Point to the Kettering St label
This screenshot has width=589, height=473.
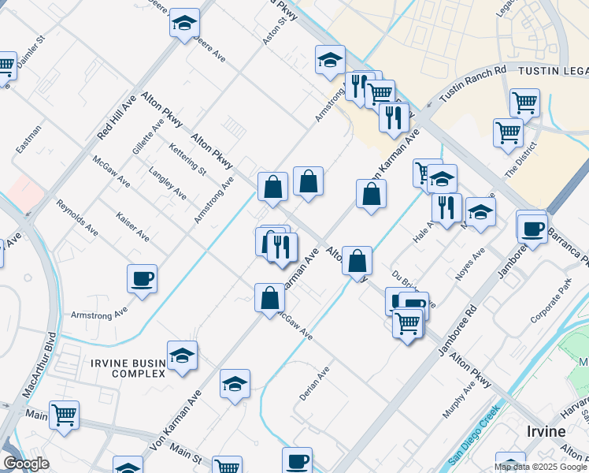pyautogui.click(x=187, y=158)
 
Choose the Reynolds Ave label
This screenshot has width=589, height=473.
pyautogui.click(x=76, y=218)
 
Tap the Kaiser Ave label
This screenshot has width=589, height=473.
pyautogui.click(x=132, y=226)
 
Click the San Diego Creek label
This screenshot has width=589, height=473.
pyautogui.click(x=474, y=434)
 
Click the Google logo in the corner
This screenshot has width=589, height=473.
pyautogui.click(x=26, y=464)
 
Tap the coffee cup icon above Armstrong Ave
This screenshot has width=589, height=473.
pyautogui.click(x=142, y=278)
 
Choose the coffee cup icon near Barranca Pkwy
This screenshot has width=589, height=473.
pyautogui.click(x=532, y=229)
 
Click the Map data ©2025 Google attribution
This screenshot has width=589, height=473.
pyautogui.click(x=541, y=467)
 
